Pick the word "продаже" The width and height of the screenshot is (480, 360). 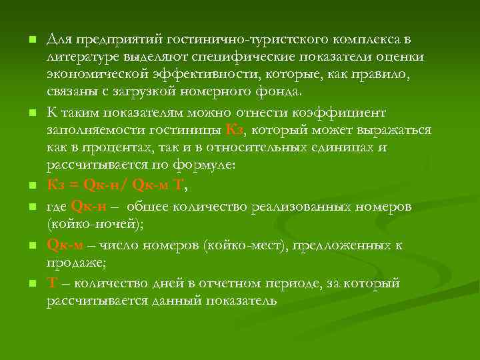click(x=75, y=263)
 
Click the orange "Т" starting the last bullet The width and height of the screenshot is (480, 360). click(x=51, y=283)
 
